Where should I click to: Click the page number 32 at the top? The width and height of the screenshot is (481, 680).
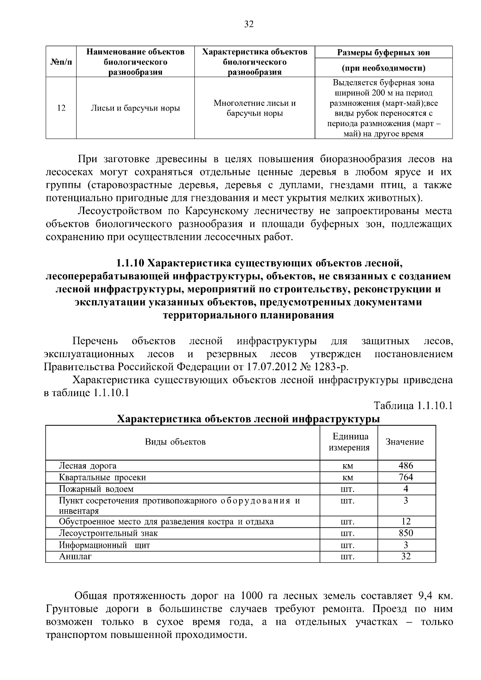pos(249,24)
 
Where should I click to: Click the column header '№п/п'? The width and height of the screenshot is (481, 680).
pos(61,62)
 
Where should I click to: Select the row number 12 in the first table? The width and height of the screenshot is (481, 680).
pos(61,108)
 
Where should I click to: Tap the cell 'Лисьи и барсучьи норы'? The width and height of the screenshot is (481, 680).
pos(135,108)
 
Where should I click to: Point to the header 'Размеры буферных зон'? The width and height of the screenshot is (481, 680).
pos(383,52)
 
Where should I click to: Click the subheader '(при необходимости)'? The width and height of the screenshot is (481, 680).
pos(383,68)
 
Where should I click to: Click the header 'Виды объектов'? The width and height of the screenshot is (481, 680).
pos(175,442)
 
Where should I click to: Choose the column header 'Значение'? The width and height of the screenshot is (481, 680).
pos(404,442)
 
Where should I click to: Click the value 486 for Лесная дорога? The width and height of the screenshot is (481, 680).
pos(406,465)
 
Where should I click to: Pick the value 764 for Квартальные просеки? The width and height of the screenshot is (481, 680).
pos(406,477)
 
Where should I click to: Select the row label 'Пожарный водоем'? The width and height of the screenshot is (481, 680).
pos(96,489)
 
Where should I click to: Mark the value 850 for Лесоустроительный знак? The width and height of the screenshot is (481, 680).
pos(406,533)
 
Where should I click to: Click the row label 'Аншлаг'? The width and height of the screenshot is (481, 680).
pos(75,557)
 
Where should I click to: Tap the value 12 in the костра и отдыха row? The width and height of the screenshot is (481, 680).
pos(406,521)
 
